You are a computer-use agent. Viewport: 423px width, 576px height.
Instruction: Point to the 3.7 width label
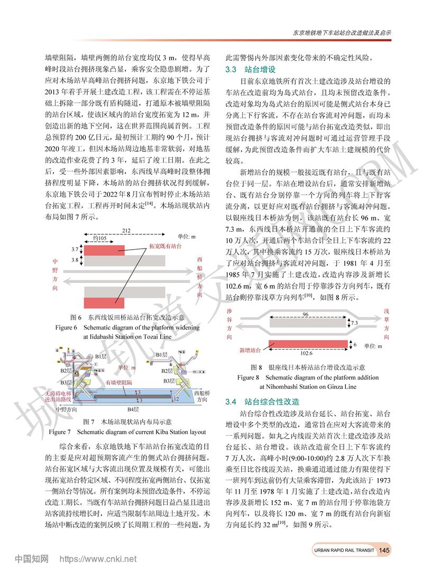pyautogui.click(x=75, y=249)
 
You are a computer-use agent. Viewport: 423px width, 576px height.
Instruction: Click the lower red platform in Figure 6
pyautogui.click(x=104, y=303)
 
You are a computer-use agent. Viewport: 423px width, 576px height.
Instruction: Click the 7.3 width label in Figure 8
pyautogui.click(x=354, y=323)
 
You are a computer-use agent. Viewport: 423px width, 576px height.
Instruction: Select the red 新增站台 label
pyautogui.click(x=250, y=350)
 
